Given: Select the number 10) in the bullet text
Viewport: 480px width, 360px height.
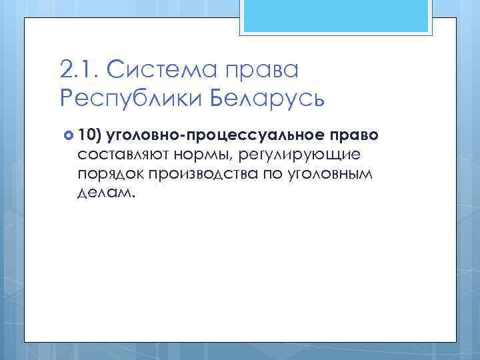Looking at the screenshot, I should coord(89,135).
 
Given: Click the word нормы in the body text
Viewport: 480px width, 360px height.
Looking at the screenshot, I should coord(199,155).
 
